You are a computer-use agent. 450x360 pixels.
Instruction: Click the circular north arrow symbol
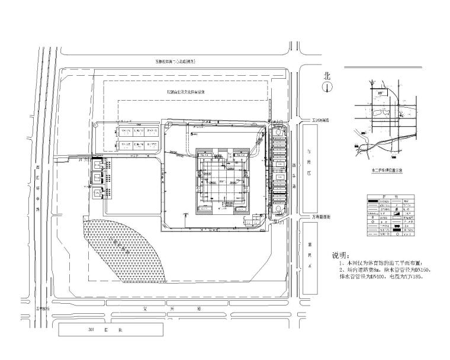[326, 87]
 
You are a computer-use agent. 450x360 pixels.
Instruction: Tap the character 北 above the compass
[326, 76]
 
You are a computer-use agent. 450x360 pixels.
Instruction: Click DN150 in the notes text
[425, 269]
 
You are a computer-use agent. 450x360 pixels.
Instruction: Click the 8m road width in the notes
[384, 269]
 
